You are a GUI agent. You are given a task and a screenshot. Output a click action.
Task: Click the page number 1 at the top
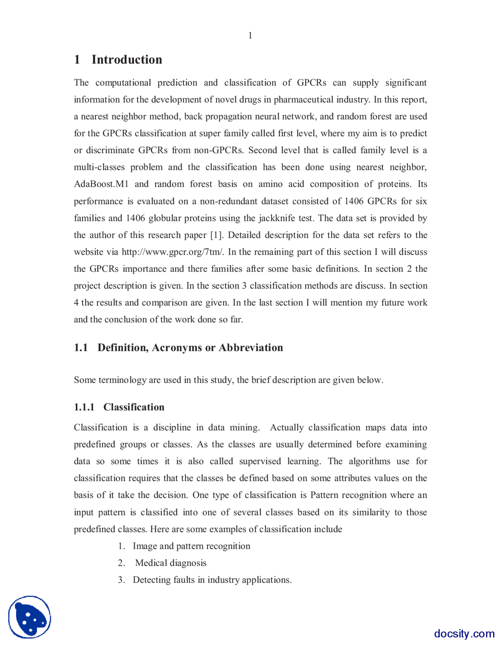(250, 36)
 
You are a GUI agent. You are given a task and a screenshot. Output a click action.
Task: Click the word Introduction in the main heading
(126, 59)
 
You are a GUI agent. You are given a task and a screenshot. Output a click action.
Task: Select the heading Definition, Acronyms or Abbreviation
(190, 347)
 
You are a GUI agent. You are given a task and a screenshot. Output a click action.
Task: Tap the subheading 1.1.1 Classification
(119, 407)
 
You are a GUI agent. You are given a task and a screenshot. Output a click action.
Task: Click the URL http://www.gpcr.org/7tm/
(173, 252)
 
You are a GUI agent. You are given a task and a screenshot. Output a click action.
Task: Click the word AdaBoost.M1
(101, 184)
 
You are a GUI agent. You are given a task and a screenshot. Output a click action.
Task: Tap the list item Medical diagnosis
(171, 563)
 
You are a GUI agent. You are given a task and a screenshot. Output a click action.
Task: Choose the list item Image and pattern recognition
(191, 546)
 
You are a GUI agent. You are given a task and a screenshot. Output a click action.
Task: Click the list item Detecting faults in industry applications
(212, 580)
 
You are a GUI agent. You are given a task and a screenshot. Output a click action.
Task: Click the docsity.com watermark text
(464, 633)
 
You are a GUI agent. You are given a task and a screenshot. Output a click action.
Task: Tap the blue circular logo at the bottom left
(30, 617)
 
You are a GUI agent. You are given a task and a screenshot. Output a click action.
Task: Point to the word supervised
(260, 461)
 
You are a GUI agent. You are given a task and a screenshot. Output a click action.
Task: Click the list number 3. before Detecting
(121, 580)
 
